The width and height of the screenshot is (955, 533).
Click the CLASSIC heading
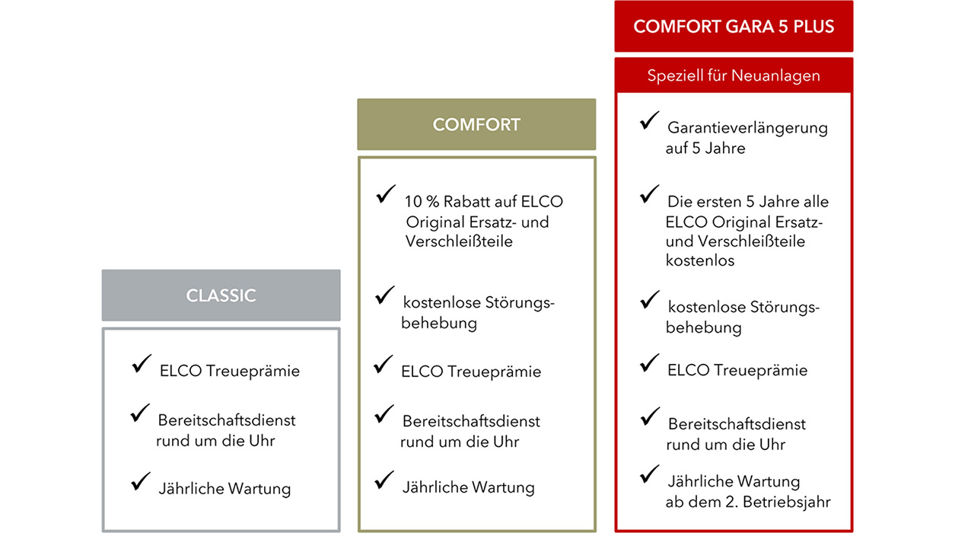point(221,295)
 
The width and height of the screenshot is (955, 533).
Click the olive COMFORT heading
point(476,125)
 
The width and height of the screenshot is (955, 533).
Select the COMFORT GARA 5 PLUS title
point(734,27)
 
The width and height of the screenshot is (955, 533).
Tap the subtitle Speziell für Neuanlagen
point(734,75)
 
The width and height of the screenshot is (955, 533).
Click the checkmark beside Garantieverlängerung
point(649,120)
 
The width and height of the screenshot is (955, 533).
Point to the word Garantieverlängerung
point(747,128)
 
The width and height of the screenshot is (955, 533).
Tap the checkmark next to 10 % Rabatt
point(386,195)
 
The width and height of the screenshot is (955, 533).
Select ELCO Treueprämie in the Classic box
point(229,371)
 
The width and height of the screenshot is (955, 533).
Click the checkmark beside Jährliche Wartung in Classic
point(141,481)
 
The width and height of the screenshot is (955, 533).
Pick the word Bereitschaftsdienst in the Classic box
point(227,420)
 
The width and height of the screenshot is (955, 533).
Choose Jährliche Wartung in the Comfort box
point(468,487)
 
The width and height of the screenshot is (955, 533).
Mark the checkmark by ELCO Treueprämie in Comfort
point(384,365)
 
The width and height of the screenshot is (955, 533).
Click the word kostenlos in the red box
point(700,260)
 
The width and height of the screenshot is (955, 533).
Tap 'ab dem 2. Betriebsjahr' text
point(748,502)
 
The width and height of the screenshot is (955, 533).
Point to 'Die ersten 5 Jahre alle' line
point(748,202)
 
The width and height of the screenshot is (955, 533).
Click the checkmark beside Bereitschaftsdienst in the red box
point(650,417)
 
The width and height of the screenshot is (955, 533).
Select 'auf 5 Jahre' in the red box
point(705,148)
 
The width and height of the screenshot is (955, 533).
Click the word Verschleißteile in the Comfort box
point(459,241)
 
